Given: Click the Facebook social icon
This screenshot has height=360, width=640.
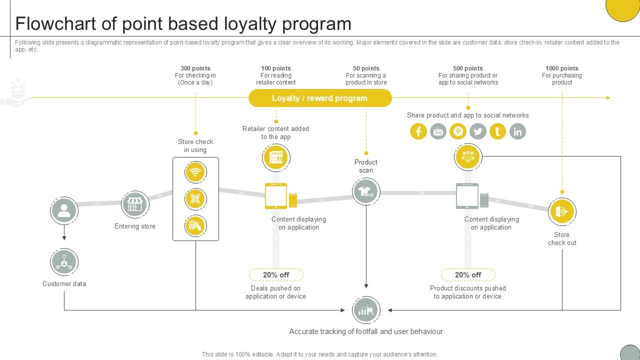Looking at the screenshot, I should (418, 131).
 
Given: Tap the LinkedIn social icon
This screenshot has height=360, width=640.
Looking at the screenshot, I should (517, 131).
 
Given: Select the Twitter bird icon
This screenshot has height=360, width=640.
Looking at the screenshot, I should (477, 131).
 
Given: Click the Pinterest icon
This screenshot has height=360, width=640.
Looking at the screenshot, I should (457, 131).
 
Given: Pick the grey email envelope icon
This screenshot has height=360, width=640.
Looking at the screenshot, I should (438, 131).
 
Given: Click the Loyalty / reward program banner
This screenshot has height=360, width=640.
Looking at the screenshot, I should (320, 98).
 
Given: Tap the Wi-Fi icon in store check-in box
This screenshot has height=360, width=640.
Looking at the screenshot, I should (195, 172).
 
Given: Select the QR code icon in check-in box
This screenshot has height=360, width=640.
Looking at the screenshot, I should (195, 199).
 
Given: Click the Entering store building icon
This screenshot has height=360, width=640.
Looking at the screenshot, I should (135, 204).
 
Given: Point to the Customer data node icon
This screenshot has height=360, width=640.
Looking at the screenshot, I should (64, 261).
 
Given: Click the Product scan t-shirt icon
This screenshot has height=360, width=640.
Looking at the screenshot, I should (366, 191).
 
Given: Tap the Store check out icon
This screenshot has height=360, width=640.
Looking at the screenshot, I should (562, 211).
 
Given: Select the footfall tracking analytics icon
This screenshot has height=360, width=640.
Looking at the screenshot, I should (366, 310).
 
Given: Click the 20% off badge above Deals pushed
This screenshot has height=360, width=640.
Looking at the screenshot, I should (276, 274).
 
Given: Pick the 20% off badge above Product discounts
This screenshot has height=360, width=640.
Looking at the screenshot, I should (468, 274).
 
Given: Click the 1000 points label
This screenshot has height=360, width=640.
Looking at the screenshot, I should (562, 68).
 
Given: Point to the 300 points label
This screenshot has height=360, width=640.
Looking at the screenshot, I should (195, 68).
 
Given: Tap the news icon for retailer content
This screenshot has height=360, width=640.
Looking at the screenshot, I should (276, 157).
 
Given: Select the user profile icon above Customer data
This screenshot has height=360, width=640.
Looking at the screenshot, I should (64, 210).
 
